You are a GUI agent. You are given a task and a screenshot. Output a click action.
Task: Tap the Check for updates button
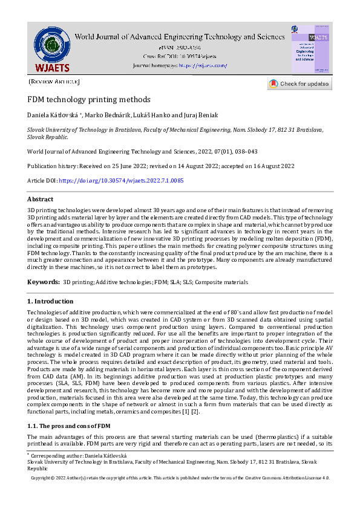299,84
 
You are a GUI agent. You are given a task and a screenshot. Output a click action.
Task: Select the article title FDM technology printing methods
89,99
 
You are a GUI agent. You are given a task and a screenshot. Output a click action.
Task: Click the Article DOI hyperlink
122,180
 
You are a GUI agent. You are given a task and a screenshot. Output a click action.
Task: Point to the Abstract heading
40,199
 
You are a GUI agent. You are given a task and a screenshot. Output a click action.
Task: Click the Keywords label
42,282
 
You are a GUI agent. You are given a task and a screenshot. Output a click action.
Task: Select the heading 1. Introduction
50,301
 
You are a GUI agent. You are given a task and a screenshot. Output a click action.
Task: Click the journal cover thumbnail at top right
311,50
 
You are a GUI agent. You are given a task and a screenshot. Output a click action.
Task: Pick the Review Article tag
54,82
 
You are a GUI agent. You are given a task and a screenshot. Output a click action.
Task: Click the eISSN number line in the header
180,47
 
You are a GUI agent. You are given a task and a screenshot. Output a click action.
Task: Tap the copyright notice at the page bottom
180,478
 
